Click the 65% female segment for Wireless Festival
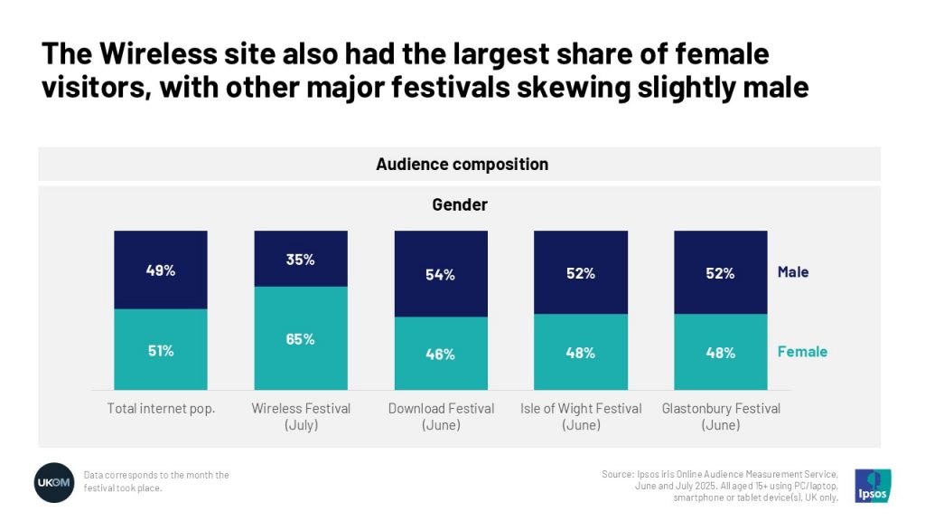(x=301, y=338)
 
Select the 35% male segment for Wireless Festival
(x=301, y=259)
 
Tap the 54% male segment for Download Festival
(x=441, y=274)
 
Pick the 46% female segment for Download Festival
(x=441, y=354)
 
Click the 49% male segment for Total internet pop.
(x=161, y=270)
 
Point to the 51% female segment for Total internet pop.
(x=161, y=350)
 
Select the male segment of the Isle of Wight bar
(x=581, y=272)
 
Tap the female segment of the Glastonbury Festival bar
(x=720, y=352)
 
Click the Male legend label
(x=793, y=271)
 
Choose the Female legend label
(x=802, y=351)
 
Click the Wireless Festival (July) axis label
(x=301, y=416)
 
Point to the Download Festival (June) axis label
(x=441, y=416)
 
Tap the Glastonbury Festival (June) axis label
(x=720, y=416)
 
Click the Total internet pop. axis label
(x=161, y=409)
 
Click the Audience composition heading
(x=462, y=165)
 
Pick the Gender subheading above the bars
(x=459, y=204)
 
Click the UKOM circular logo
(x=54, y=482)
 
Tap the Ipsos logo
(x=873, y=485)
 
